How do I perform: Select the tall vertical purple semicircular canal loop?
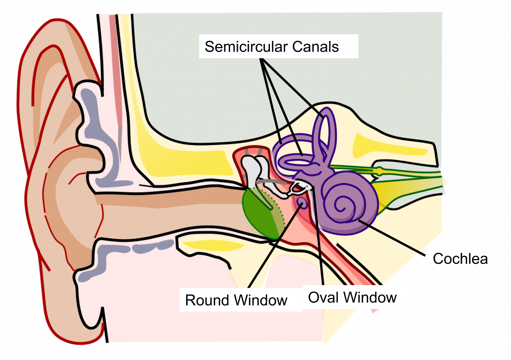coord(324,133)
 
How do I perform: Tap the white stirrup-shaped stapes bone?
coord(298,188)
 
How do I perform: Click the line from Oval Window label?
coord(319,246)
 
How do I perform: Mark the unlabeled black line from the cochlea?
coord(389,236)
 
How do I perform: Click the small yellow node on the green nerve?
coord(379,171)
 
